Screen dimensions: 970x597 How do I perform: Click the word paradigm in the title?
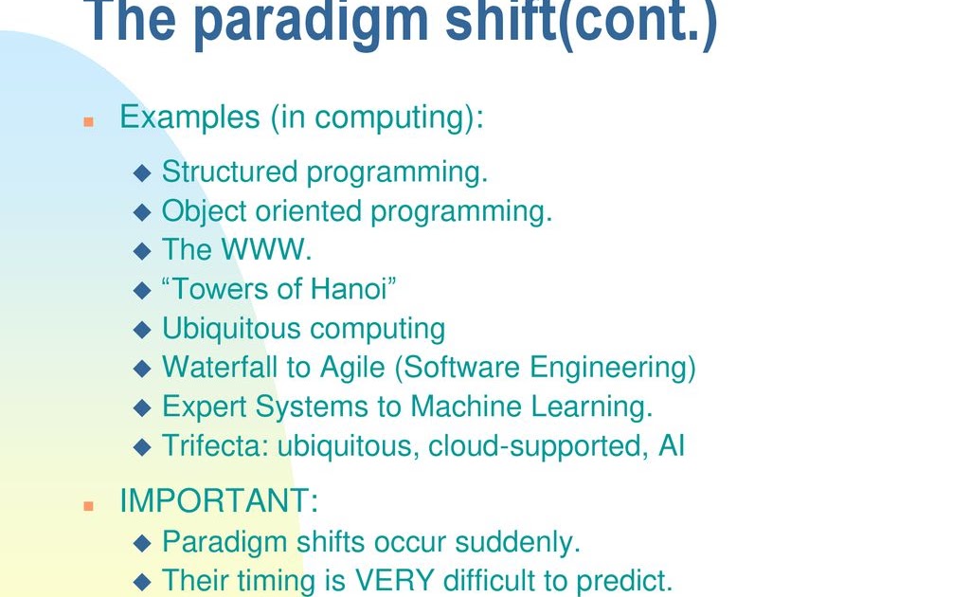tap(311, 23)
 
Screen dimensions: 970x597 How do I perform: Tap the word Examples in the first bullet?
tap(189, 117)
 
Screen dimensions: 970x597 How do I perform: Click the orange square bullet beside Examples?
tap(88, 122)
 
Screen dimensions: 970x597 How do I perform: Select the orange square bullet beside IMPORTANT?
tap(88, 506)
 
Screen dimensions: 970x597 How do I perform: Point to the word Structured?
tap(229, 172)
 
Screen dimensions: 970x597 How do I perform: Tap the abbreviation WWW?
tap(263, 249)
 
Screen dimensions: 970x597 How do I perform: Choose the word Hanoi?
tap(349, 289)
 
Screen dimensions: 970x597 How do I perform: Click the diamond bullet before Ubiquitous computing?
tap(142, 329)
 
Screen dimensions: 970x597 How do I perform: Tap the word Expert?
tap(205, 407)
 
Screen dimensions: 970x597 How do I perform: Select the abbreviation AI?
tap(672, 445)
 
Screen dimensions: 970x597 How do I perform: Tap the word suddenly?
tap(517, 543)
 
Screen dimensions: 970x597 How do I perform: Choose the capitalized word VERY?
tap(394, 580)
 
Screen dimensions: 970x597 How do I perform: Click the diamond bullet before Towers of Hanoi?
tap(142, 290)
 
